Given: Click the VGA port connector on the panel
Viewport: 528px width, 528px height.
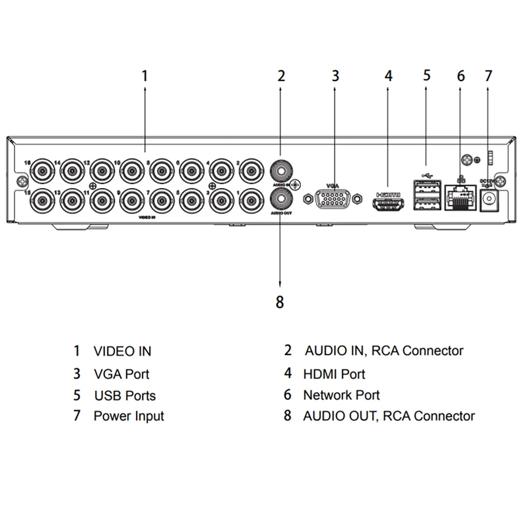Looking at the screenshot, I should coord(333,198).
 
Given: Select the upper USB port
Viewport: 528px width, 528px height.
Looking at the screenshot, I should coord(426,187).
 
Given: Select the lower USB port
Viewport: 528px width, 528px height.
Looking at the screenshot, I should coord(426,202).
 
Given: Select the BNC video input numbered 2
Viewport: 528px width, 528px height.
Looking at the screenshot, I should coord(251,170).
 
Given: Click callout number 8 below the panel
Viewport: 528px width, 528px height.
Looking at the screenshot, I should coord(280,302).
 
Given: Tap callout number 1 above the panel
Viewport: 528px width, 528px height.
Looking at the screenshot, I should coord(145,75).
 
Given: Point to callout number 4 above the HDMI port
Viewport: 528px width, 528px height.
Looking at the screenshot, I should coord(389,75).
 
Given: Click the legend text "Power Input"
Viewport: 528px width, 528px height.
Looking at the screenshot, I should coord(129,416).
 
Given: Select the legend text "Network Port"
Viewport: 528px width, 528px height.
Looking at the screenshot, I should coord(341,395).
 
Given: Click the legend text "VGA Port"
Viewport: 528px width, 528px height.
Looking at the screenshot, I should coord(121,374).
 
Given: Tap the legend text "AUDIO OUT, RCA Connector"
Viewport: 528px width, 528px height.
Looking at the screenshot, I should coord(388,416).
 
